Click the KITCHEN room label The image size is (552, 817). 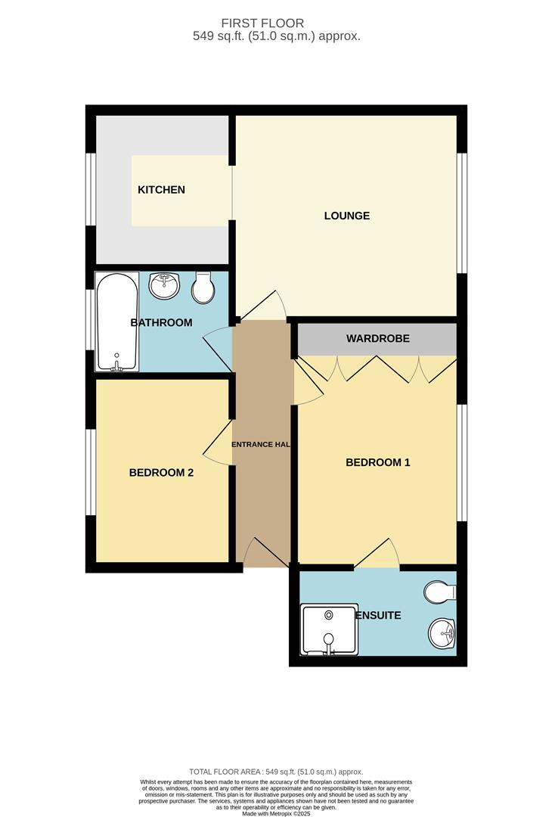pos(161,190)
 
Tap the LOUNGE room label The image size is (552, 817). pos(347,216)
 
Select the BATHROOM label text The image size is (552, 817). pos(161,323)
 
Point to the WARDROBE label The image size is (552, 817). pos(378,338)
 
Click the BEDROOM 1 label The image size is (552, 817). pos(377,462)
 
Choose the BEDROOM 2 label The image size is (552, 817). pos(161,473)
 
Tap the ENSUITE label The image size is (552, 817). pos(379,616)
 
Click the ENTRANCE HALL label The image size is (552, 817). pos(262,444)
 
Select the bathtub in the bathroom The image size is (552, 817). pos(116,322)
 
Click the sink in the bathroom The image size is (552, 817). pos(164,285)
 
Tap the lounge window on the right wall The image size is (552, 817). pos(463,213)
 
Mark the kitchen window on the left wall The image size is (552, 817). pos(90,190)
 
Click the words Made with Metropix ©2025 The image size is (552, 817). pos(276,812)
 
